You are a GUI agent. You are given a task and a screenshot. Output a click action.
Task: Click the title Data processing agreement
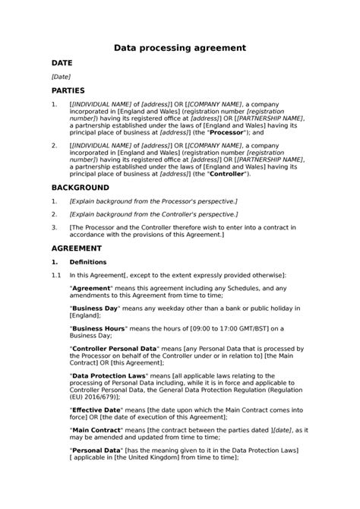(179, 47)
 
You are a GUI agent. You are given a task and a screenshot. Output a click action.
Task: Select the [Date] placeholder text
(61, 77)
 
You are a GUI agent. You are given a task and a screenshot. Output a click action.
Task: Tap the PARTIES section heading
(68, 91)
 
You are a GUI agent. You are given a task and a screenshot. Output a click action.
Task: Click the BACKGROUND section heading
(80, 187)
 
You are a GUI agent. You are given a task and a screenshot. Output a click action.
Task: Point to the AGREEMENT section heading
(77, 248)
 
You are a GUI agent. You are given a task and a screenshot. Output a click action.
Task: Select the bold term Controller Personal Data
(113, 347)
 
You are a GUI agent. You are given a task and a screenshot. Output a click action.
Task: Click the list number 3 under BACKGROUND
(53, 227)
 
